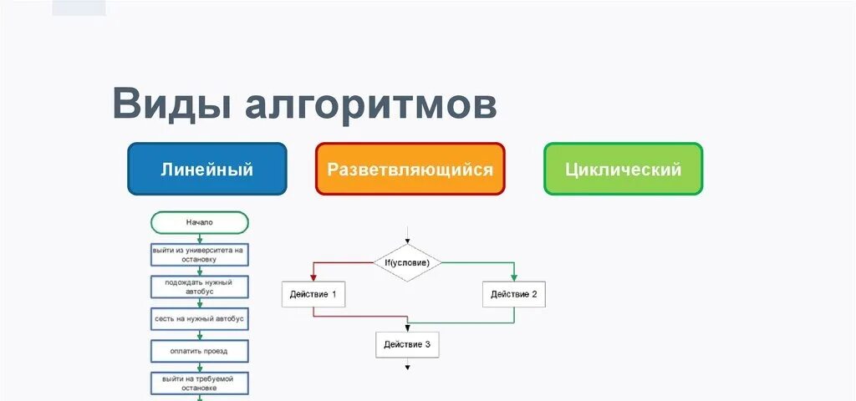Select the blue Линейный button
click(x=206, y=169)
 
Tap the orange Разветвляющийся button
click(x=410, y=169)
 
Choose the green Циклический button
click(x=623, y=169)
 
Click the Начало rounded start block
click(x=200, y=223)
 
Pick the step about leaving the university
click(x=200, y=254)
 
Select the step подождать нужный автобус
click(x=200, y=287)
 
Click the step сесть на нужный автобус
click(x=200, y=319)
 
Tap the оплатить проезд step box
click(x=200, y=351)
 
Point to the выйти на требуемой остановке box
click(x=200, y=383)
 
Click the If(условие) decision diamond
click(x=407, y=262)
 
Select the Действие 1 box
click(x=313, y=294)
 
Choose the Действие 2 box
click(x=514, y=294)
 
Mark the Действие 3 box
click(x=407, y=344)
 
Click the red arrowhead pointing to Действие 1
click(x=313, y=277)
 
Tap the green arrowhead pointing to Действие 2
click(x=514, y=277)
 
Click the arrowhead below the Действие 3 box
click(x=407, y=367)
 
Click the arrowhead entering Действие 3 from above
click(x=407, y=328)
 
